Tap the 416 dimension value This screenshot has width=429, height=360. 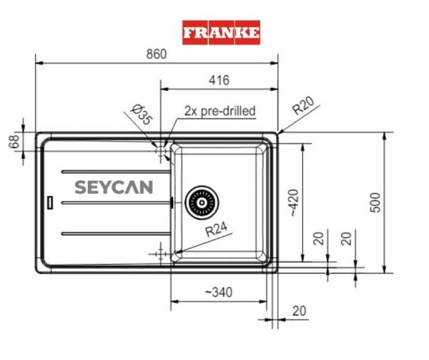click(218, 81)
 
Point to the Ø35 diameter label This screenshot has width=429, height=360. click(142, 115)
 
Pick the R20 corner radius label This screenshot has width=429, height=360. click(304, 108)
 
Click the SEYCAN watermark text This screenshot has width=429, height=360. click(114, 188)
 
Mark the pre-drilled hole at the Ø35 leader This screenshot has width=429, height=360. click(159, 150)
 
